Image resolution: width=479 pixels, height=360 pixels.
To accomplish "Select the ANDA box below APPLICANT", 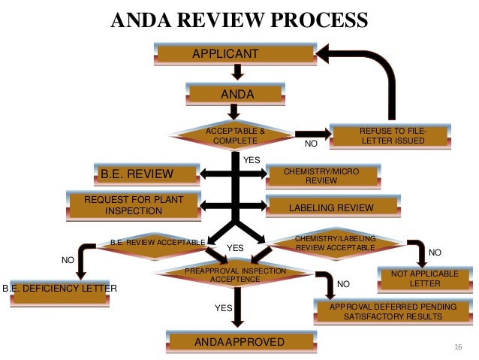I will coord(236,95).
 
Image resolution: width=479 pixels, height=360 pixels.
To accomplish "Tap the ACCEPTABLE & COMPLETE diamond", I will coord(235,135).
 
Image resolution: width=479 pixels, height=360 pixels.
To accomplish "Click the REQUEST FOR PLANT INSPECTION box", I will coord(134,205).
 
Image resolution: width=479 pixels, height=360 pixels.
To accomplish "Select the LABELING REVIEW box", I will coord(321,207).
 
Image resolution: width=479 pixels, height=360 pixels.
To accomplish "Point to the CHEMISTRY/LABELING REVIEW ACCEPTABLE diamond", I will coord(335,243).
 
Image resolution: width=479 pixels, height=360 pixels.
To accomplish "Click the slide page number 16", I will coord(459,346).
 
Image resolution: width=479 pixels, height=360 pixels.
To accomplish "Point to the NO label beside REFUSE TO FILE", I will coord(310,142).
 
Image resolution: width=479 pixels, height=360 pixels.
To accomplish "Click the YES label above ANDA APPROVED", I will coord(224,307).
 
